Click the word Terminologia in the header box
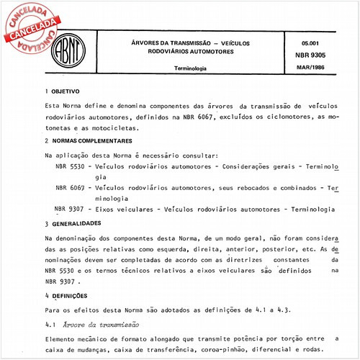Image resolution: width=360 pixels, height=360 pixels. [x=186, y=68]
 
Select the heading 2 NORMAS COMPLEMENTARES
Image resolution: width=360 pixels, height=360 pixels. [x=89, y=140]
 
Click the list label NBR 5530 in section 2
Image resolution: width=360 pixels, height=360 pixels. [x=70, y=165]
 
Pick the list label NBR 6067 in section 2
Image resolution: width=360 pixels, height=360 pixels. [x=70, y=186]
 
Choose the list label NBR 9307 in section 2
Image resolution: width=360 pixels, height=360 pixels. [x=70, y=208]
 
